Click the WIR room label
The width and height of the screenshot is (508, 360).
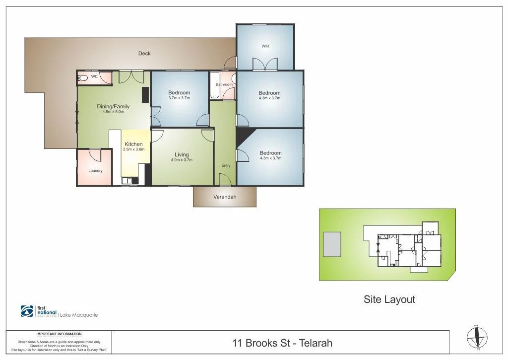point(265,46)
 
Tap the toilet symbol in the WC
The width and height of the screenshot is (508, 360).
point(83,78)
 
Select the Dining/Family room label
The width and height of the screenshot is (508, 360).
point(113,106)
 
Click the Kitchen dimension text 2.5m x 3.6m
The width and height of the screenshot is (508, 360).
point(133,149)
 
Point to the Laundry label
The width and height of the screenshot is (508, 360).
point(95,171)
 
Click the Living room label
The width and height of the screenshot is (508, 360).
point(182,154)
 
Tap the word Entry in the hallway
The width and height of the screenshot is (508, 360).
point(226,165)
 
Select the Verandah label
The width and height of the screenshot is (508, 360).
point(225,197)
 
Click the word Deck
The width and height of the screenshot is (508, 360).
point(144,53)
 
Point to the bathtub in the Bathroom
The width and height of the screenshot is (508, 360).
point(214,86)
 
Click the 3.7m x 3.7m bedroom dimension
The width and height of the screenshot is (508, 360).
point(179,98)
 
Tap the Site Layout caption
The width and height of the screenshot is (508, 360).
point(389,299)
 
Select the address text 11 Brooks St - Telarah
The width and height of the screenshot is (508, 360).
point(282,343)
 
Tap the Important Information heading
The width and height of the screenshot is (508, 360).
point(59,334)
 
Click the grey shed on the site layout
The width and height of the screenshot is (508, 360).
point(332,244)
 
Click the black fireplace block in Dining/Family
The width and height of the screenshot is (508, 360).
point(145,94)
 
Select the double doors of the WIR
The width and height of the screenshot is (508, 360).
point(265,65)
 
